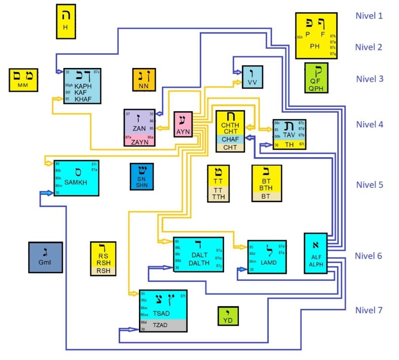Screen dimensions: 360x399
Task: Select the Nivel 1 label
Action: coord(369,16)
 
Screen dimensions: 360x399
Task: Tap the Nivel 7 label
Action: coord(369,310)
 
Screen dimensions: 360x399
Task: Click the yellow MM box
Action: coord(24,81)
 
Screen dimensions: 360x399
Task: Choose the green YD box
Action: coord(228,316)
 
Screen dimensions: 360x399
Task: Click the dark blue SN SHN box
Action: coord(142,177)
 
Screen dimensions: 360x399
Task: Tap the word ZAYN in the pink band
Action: coord(139,141)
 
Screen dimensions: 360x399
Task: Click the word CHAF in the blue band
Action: coord(230,139)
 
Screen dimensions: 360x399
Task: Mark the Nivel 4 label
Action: coord(369,124)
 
